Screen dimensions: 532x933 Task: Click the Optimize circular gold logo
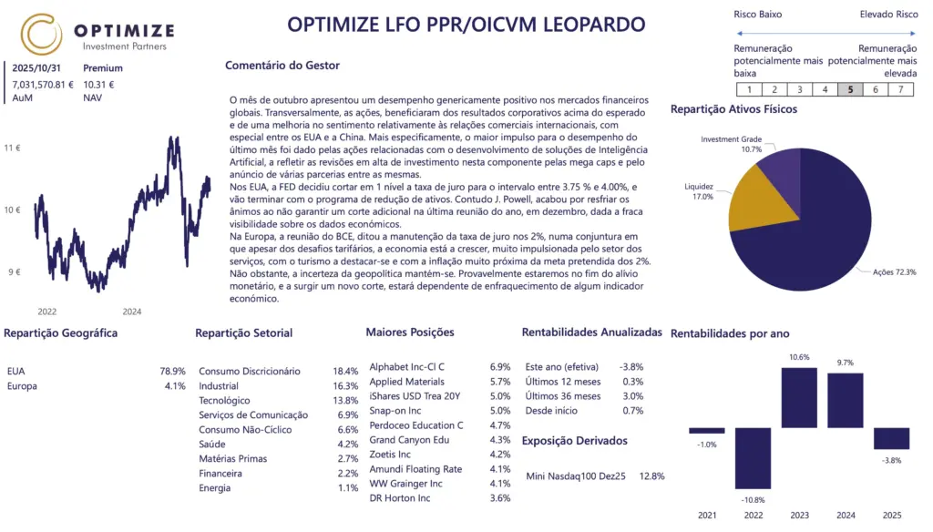click(x=42, y=34)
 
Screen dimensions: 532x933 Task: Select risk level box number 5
click(x=850, y=89)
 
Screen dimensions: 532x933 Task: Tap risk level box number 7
click(x=900, y=89)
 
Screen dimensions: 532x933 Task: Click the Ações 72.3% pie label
click(x=895, y=271)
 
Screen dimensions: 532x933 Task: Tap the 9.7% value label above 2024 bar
click(x=845, y=363)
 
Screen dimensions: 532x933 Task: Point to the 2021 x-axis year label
click(x=707, y=516)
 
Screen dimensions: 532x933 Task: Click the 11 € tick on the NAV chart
click(x=13, y=147)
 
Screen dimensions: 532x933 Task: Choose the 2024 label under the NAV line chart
click(x=131, y=312)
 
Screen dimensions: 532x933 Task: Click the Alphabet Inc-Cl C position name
click(x=406, y=366)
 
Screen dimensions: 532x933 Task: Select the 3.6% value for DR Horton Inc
click(x=500, y=497)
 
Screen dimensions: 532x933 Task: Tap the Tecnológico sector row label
click(x=224, y=400)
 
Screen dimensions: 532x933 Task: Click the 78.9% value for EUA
click(x=172, y=371)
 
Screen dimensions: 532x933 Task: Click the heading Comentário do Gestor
click(x=282, y=66)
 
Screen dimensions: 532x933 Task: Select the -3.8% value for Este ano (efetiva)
click(x=631, y=366)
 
